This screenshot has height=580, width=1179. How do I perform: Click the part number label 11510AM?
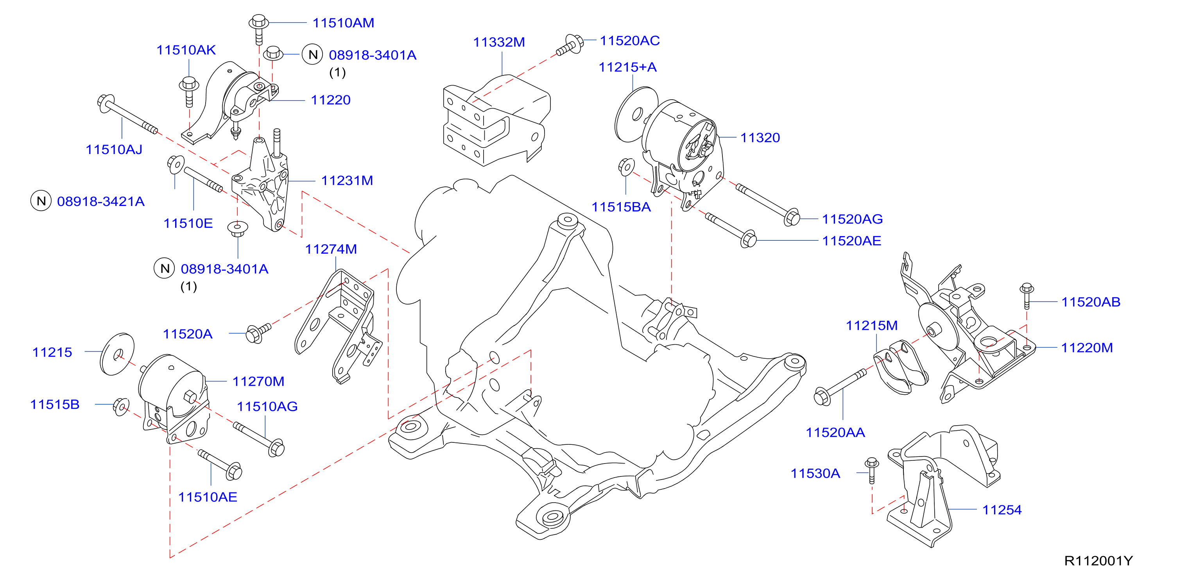(343, 23)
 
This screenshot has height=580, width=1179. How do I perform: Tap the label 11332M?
(499, 42)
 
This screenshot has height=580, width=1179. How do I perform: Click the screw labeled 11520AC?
(570, 45)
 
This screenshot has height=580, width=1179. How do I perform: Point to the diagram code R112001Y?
(1098, 560)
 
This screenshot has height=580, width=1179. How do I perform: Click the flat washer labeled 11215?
(117, 354)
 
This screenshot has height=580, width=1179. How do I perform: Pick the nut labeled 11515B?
(121, 406)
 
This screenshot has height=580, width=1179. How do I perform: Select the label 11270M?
(258, 381)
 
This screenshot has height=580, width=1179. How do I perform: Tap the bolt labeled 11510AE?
(220, 464)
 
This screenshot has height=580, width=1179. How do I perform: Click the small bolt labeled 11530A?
(871, 470)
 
